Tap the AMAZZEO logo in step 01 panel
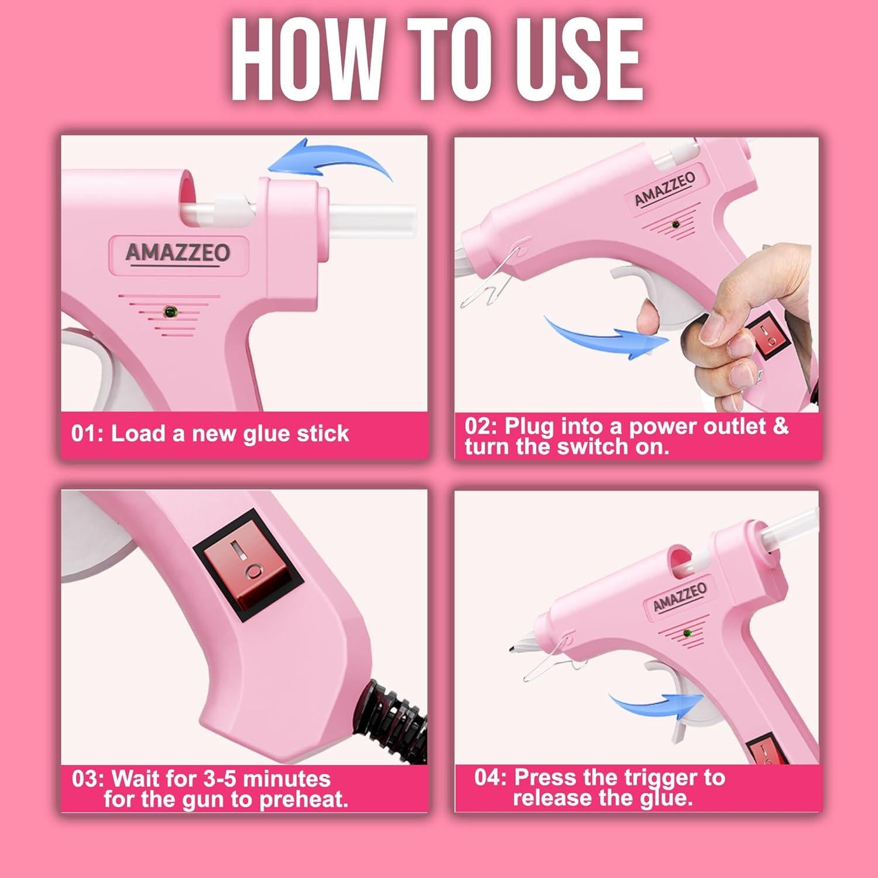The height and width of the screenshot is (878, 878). pyautogui.click(x=178, y=253)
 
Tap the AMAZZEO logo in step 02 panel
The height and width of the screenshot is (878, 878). pyautogui.click(x=665, y=189)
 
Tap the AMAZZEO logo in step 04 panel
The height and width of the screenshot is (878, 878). pyautogui.click(x=680, y=596)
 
